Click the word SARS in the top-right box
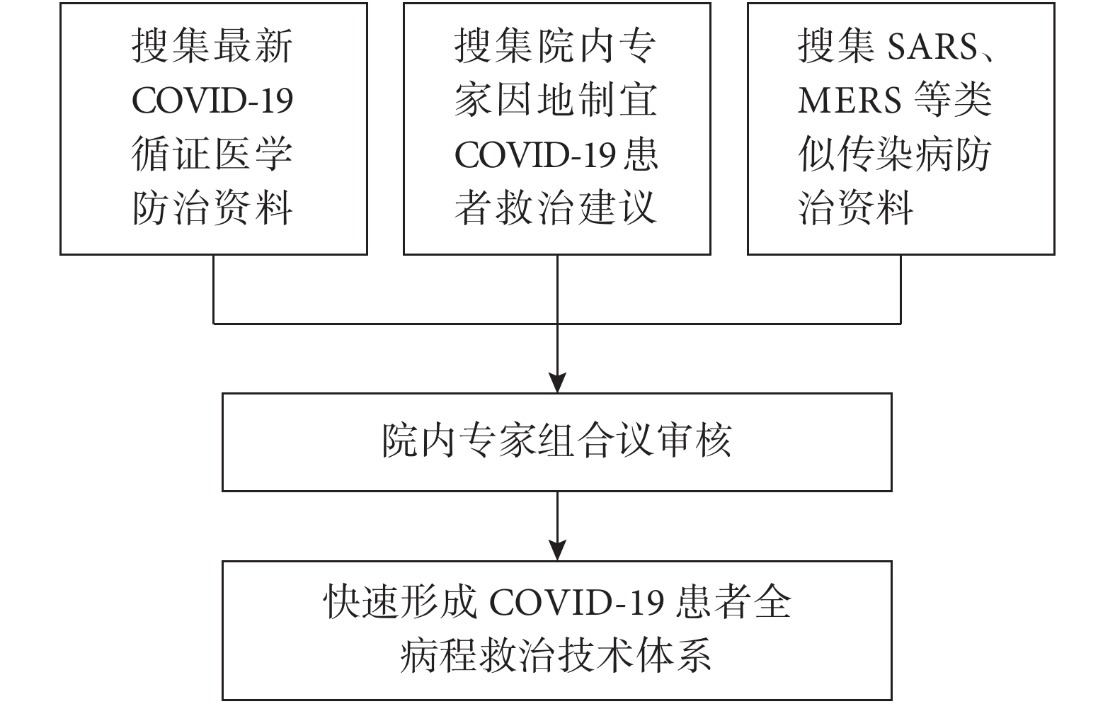932,47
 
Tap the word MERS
850,101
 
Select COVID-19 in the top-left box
212,101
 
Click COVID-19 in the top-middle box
535,155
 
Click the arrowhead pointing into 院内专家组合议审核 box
557,382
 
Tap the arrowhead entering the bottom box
557,550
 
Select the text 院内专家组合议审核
557,441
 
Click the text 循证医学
212,154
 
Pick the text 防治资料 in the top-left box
212,208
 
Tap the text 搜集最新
212,46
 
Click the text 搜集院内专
556,46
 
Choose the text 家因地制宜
556,101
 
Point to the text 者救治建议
556,208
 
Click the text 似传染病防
895,154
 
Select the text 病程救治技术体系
556,656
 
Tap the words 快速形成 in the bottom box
401,602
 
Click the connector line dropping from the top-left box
214,289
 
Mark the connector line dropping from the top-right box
901,289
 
